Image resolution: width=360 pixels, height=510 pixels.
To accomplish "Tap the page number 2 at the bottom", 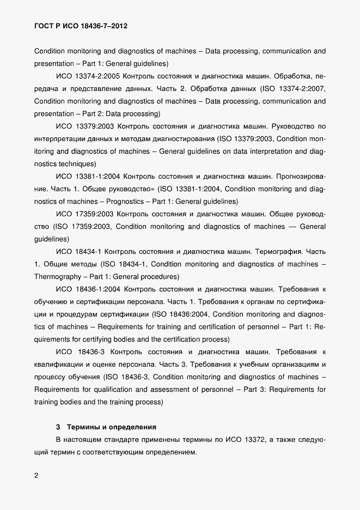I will (x=36, y=476).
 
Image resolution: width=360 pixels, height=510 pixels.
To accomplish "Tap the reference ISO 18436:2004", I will (x=185, y=314).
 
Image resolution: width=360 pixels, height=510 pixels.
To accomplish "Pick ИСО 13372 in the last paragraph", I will (x=246, y=439).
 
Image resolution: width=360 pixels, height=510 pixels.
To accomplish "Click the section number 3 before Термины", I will (x=58, y=426).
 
